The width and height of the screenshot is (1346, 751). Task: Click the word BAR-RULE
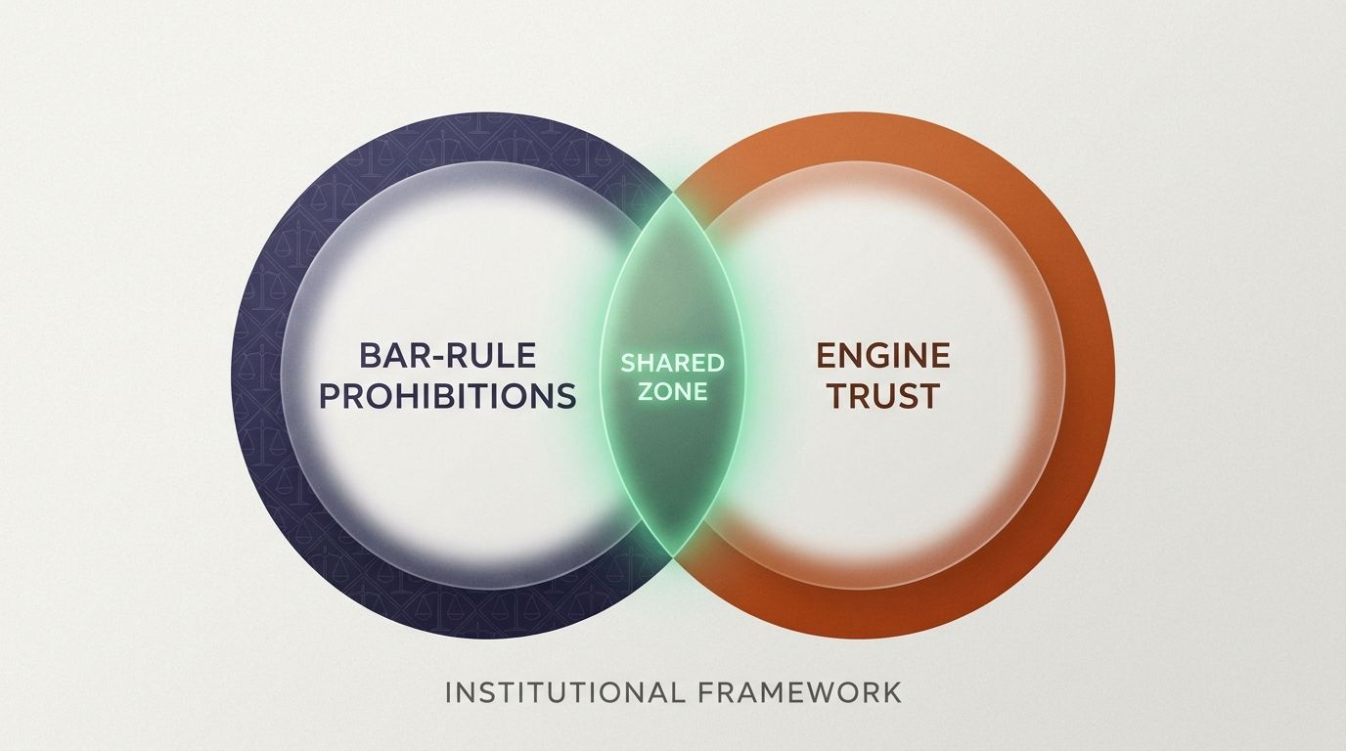pyautogui.click(x=448, y=355)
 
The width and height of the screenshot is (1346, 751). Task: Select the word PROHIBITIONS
pyautogui.click(x=448, y=396)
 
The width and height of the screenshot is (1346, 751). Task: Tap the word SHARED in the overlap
pyautogui.click(x=672, y=363)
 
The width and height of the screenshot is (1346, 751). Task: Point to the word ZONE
pyautogui.click(x=672, y=392)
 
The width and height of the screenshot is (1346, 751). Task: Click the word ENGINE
pyautogui.click(x=883, y=355)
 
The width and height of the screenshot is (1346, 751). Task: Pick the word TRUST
pyautogui.click(x=883, y=396)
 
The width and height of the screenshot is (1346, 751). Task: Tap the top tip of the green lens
pyautogui.click(x=673, y=194)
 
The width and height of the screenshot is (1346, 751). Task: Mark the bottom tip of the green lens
pyautogui.click(x=673, y=556)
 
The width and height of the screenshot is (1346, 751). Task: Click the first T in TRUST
pyautogui.click(x=838, y=396)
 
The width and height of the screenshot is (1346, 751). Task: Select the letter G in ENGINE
pyautogui.click(x=883, y=355)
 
